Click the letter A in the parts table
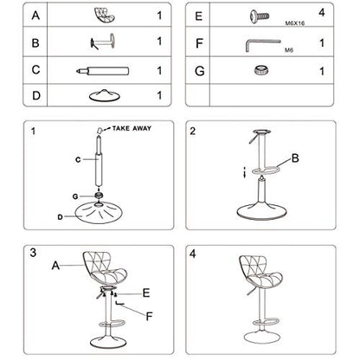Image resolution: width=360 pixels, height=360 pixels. point(35,16)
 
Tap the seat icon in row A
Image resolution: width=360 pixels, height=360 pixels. point(105,15)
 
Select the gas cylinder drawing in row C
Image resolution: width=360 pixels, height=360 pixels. point(103,71)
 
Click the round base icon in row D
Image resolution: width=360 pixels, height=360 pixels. point(105,95)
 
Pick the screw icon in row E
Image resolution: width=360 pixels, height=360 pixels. point(260,16)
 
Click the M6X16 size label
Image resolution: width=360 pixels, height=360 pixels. point(295,23)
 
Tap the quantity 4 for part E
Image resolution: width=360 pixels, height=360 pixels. point(322,13)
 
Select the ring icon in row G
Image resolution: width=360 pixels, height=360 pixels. point(262,70)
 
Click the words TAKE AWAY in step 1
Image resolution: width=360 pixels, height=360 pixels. point(132,129)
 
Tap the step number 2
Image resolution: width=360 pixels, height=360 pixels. point(193,132)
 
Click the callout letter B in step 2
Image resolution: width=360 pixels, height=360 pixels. point(295,158)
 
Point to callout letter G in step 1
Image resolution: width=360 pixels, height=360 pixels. point(75,196)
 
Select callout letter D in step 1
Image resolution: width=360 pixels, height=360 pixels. point(60,217)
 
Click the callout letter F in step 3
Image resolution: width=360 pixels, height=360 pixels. point(149,317)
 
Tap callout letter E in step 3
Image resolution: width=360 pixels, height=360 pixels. point(146,293)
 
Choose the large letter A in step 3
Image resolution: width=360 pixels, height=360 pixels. point(55,266)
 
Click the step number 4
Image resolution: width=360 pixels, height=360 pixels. point(193,254)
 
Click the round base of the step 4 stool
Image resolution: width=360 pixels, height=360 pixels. point(262,337)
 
